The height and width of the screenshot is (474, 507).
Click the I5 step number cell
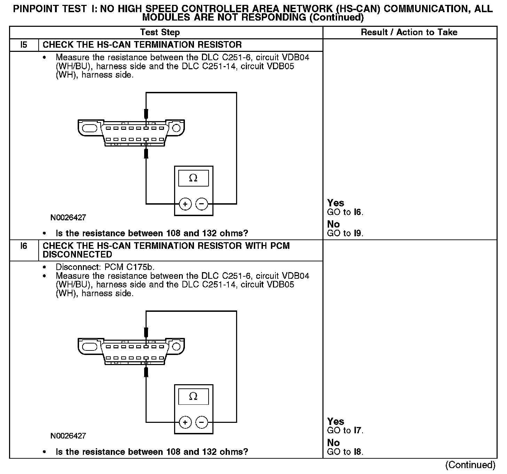tap(24, 45)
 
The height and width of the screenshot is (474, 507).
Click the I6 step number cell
tap(24, 246)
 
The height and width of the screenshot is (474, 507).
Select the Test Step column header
tap(160, 32)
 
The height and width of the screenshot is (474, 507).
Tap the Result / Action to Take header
tap(409, 32)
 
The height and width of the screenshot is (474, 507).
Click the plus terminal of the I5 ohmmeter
tap(185, 204)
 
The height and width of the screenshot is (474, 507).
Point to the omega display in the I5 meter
tap(193, 178)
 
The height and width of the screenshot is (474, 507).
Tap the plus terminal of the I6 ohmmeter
tap(185, 422)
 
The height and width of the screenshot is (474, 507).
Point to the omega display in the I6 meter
tap(193, 396)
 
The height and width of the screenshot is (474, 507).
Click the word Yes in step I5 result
tap(336, 203)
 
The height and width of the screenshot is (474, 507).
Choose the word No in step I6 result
tap(333, 443)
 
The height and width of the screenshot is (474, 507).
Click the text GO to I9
tap(345, 233)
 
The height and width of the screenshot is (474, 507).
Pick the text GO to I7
tap(345, 430)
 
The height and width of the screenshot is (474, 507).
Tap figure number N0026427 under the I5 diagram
tap(68, 218)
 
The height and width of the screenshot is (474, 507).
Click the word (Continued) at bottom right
tap(470, 465)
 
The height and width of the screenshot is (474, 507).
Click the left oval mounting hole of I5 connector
tap(90, 128)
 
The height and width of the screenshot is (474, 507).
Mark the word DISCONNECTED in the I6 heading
tap(77, 255)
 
